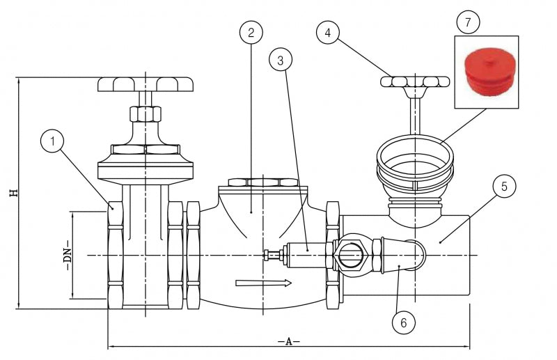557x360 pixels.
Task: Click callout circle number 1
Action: click(53, 141)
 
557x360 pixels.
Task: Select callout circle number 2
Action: click(251, 32)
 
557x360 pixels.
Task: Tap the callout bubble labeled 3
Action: click(280, 61)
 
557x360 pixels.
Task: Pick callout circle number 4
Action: click(328, 32)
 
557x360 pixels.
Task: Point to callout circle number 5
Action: click(505, 187)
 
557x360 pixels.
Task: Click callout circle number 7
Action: click(468, 22)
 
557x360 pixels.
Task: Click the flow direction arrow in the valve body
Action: click(262, 283)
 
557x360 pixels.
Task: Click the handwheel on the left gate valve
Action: click(145, 84)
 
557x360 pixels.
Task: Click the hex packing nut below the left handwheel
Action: click(144, 113)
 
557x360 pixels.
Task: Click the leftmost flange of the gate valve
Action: click(116, 256)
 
